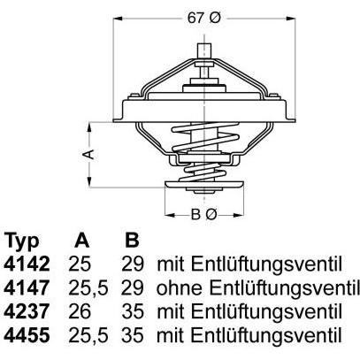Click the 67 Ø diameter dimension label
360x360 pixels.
[204, 19]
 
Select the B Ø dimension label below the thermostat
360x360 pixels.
[204, 214]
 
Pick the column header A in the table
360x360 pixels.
[81, 240]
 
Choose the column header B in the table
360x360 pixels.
[132, 240]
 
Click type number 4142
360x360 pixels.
[27, 264]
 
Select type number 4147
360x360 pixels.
[27, 287]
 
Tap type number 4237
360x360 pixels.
[27, 311]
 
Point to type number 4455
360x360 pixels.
[27, 335]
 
